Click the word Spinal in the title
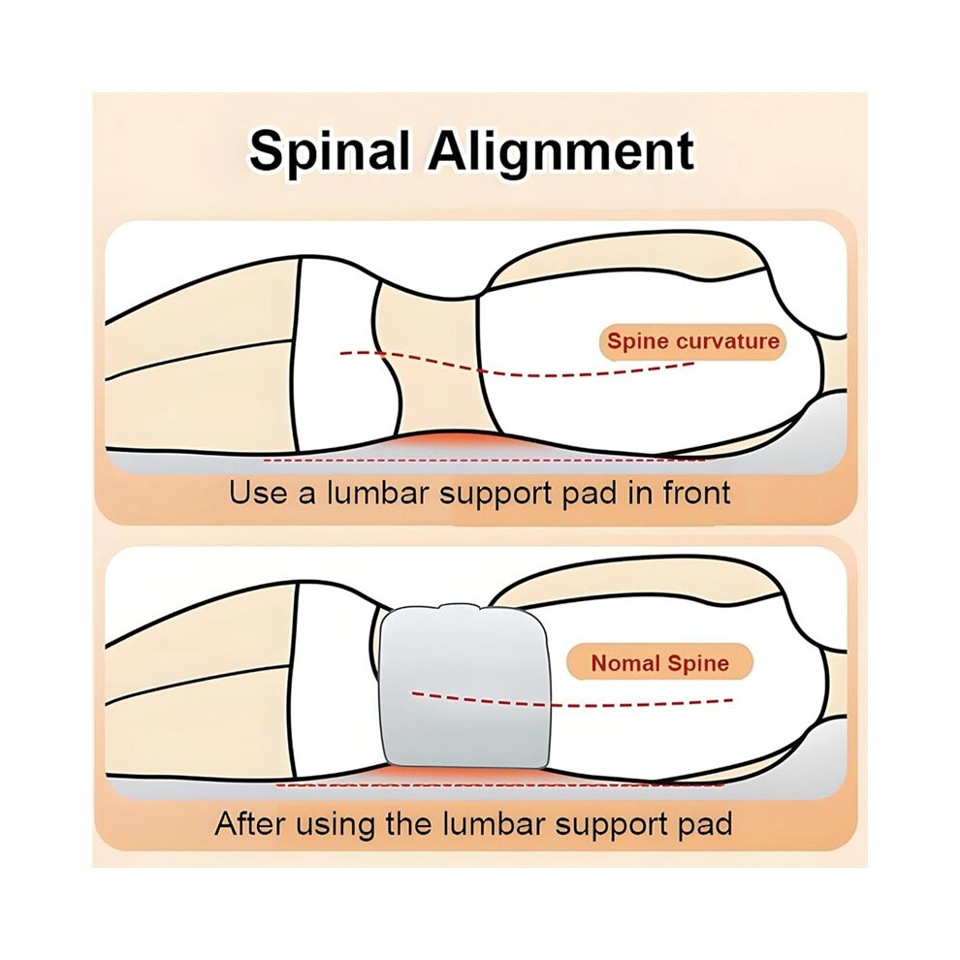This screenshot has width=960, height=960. pyautogui.click(x=330, y=151)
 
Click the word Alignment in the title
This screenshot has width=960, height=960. pyautogui.click(x=560, y=151)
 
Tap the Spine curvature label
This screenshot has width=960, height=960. pyautogui.click(x=693, y=341)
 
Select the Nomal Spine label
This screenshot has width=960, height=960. pyautogui.click(x=660, y=663)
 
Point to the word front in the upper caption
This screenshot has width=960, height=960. pyautogui.click(x=697, y=493)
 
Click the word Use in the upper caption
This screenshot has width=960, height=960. pyautogui.click(x=256, y=493)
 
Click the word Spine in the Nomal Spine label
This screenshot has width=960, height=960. pyautogui.click(x=697, y=664)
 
